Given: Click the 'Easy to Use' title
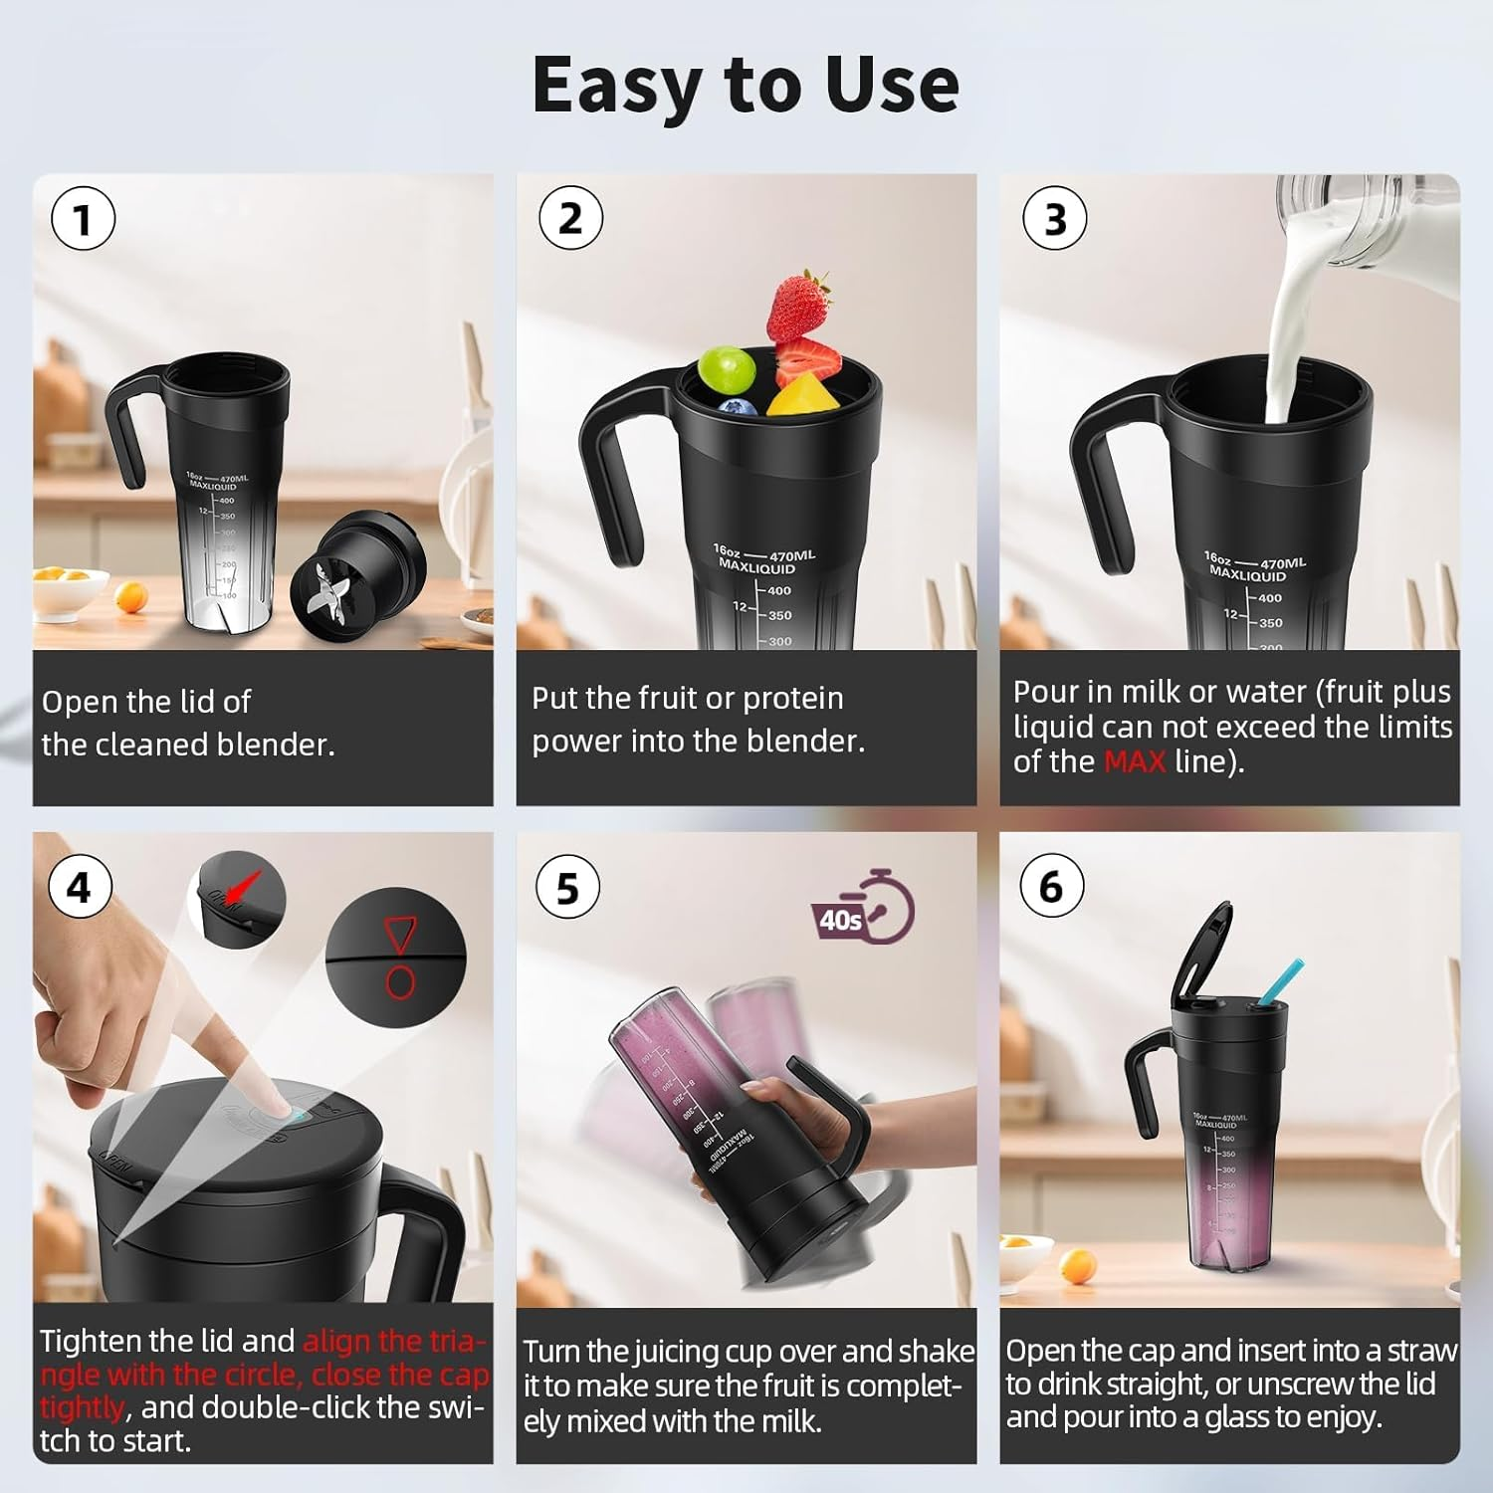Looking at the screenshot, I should (x=746, y=86).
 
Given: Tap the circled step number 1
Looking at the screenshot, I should (x=83, y=220).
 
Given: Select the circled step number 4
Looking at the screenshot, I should (x=79, y=886).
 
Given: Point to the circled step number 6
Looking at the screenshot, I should (x=1051, y=886).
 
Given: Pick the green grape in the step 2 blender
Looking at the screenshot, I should (x=727, y=369).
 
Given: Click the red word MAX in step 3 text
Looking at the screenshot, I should (x=1134, y=762).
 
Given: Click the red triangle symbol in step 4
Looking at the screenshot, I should (x=398, y=936).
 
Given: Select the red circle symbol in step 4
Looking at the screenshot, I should (x=400, y=982).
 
